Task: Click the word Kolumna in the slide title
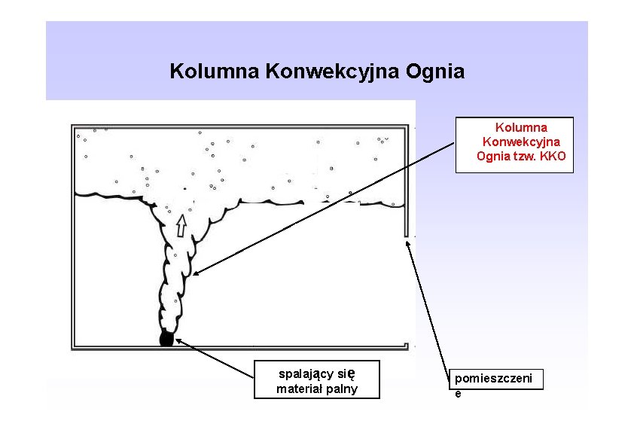pos(215,72)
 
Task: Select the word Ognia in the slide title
pos(434,72)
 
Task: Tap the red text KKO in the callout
pos(553,156)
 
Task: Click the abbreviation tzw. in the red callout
pos(523,156)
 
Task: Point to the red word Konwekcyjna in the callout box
pos(521,142)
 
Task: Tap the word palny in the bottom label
pos(341,389)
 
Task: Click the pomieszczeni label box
pos(497,379)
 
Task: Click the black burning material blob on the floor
pos(166,339)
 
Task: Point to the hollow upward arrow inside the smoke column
pos(181,225)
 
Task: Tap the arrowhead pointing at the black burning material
pos(179,341)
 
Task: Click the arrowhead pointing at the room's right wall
pos(408,243)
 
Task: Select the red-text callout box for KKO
pos(514,145)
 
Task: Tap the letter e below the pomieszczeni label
pos(457,393)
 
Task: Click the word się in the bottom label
pos(347,373)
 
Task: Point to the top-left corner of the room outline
pos(73,126)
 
